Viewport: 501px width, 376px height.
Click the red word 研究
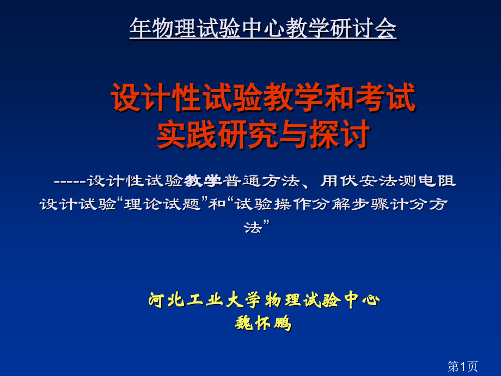[243, 134]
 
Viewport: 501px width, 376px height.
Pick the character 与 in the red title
[292, 134]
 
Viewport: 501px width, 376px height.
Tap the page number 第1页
[462, 366]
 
